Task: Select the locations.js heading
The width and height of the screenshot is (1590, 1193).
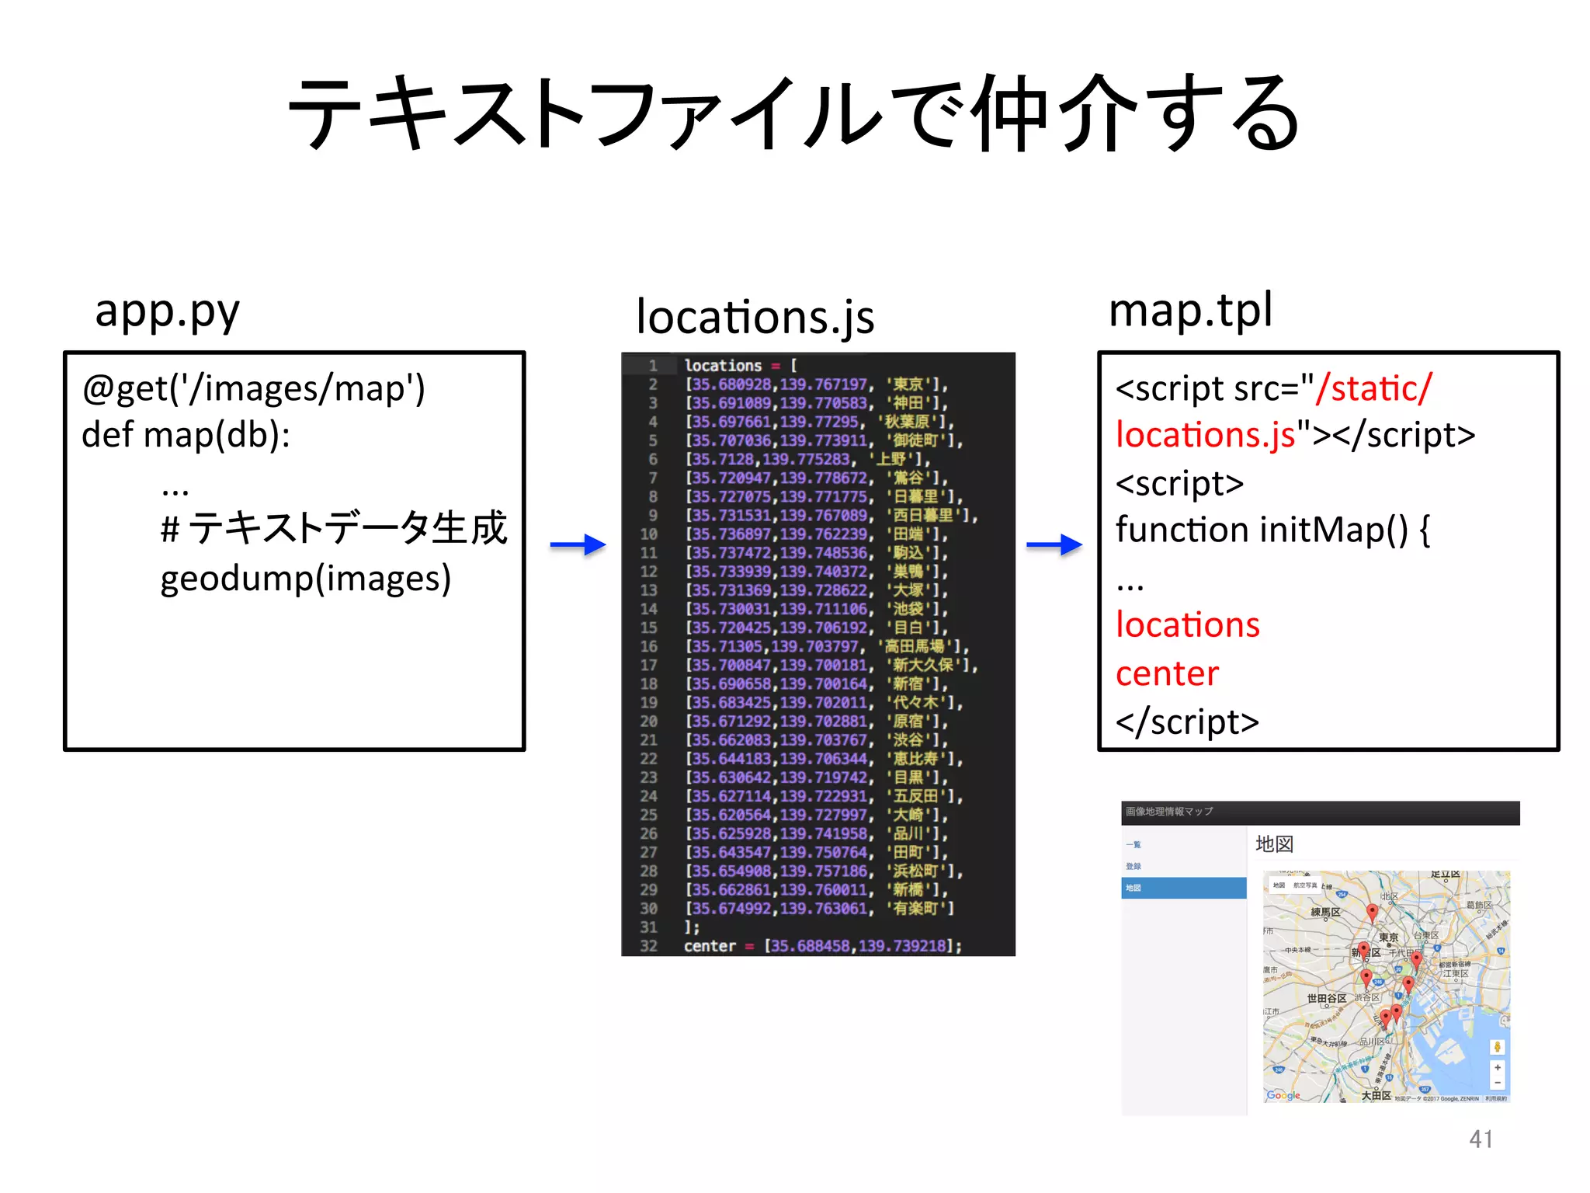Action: click(755, 318)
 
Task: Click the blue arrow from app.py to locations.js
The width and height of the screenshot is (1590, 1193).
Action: click(578, 545)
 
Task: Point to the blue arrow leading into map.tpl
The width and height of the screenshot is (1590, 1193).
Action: click(1054, 545)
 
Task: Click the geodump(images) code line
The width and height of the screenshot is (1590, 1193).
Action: click(305, 579)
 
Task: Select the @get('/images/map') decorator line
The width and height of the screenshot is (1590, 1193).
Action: click(253, 388)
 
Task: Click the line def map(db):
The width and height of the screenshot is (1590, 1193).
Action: click(186, 435)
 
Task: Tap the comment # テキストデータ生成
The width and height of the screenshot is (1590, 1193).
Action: click(334, 529)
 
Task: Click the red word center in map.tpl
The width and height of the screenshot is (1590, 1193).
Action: click(1167, 673)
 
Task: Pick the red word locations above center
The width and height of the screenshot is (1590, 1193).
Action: click(1187, 625)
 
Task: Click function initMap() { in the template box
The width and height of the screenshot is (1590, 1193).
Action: click(1272, 530)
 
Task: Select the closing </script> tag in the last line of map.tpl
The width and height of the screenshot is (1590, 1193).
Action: click(1187, 722)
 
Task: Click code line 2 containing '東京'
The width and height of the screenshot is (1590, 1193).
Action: click(815, 384)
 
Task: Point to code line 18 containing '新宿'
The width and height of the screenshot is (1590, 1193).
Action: click(815, 683)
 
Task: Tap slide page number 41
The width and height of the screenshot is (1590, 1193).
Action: click(1481, 1139)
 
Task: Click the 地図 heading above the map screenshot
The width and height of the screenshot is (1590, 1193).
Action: click(1274, 844)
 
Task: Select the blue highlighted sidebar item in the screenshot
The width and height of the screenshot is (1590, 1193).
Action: click(1183, 888)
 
